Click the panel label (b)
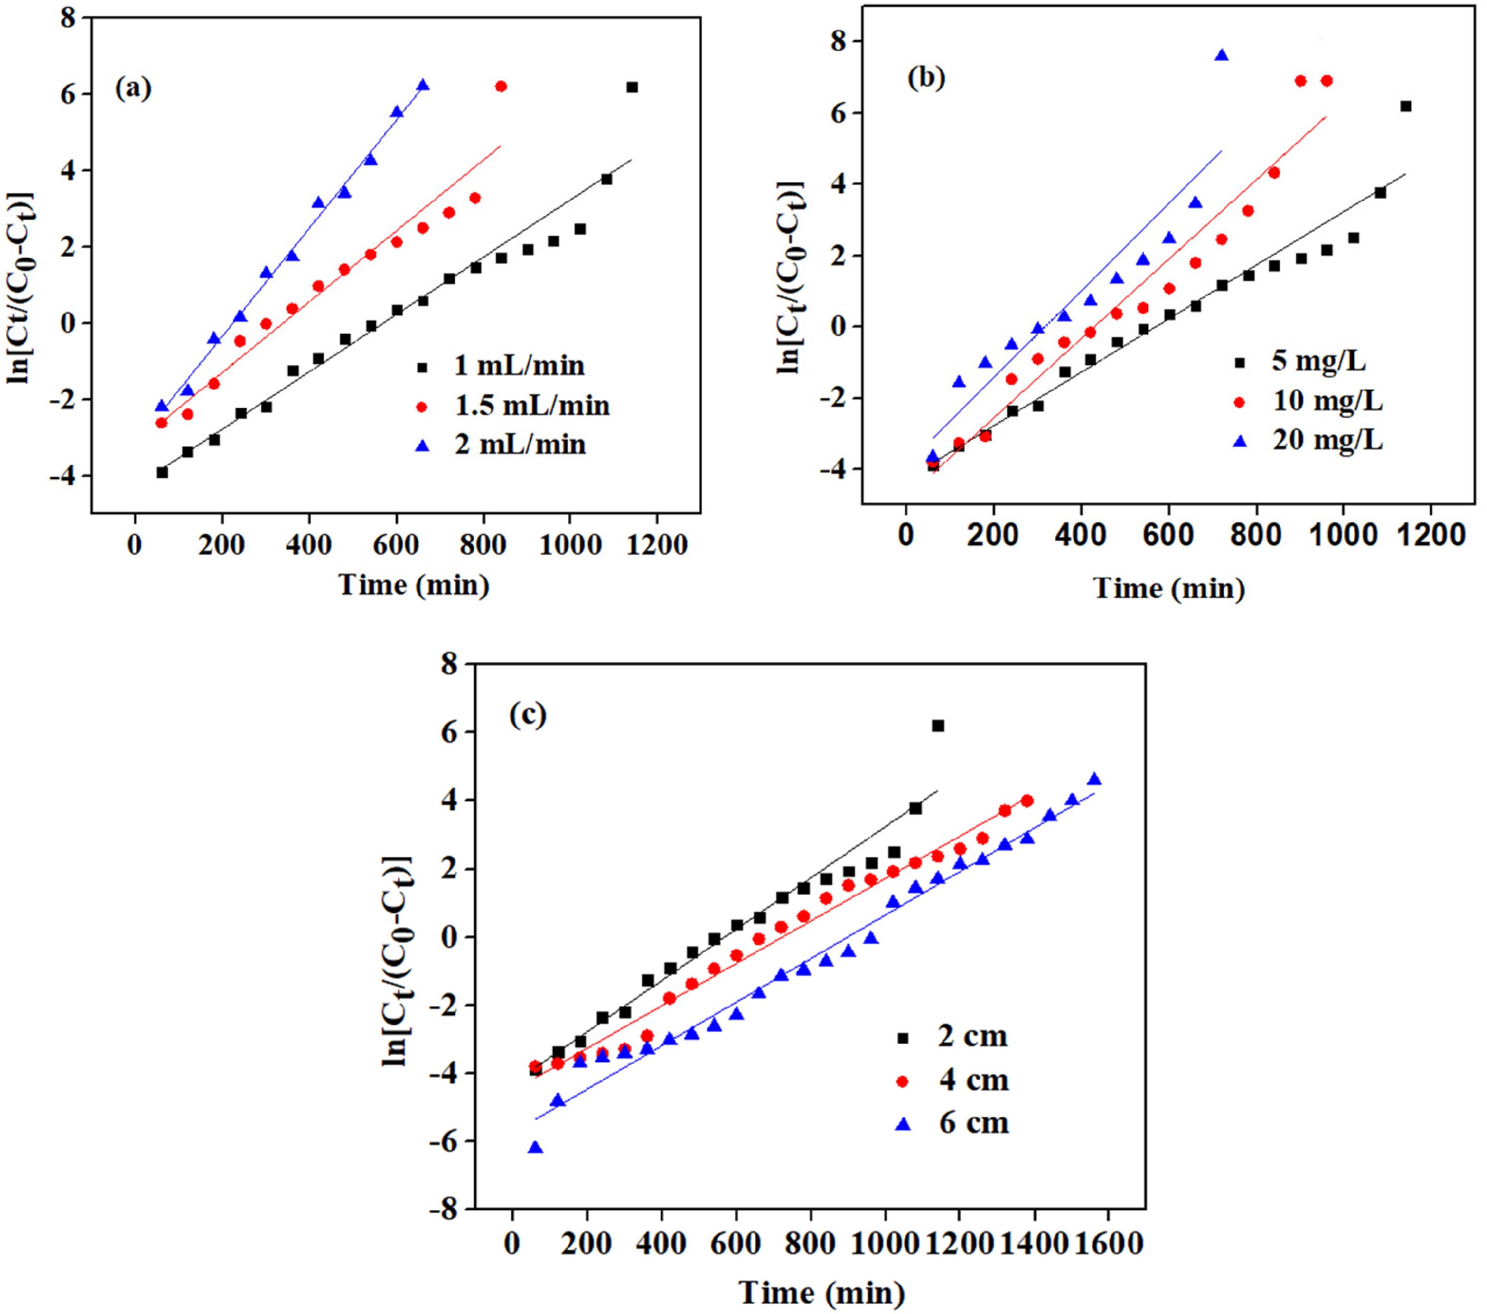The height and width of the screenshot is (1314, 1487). pos(926,77)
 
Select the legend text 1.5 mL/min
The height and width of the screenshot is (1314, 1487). pos(532,406)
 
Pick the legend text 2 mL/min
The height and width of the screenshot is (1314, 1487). pos(520,444)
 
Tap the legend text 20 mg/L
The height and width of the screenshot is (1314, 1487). pos(1328,440)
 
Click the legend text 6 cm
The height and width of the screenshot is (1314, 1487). pos(973,1122)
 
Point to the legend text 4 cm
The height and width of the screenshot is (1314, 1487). pos(973,1080)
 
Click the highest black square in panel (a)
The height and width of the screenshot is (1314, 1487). pos(631,87)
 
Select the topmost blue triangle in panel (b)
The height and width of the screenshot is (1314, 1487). pos(1221,55)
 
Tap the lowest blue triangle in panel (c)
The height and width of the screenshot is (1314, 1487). pos(535,1148)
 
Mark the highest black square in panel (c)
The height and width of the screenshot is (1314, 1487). pos(938,726)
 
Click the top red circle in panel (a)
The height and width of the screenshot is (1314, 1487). pos(500,86)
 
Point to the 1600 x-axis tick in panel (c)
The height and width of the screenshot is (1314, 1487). pos(1108,1243)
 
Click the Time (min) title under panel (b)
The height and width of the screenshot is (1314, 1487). pos(1169,588)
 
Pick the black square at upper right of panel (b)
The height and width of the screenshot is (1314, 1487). pos(1405,106)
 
